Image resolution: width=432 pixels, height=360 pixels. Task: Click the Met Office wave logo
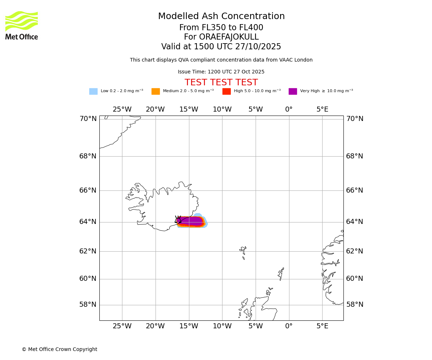[x=22, y=21]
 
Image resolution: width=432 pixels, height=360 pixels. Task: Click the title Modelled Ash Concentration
[x=221, y=17]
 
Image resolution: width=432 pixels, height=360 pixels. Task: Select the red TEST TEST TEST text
[x=221, y=83]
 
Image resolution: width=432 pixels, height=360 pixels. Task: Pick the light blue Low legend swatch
[x=93, y=91]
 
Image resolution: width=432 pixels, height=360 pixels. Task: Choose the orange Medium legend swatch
[x=156, y=91]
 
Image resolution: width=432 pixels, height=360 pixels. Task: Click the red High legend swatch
[x=226, y=91]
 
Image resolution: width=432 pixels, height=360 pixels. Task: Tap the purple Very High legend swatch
[x=293, y=91]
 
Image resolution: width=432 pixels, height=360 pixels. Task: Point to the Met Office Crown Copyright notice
[x=59, y=350]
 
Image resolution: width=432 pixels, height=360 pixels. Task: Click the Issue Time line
[x=221, y=72]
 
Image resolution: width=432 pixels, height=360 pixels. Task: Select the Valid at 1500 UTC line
[x=221, y=47]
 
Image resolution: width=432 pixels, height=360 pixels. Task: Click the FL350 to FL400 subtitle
[x=221, y=28]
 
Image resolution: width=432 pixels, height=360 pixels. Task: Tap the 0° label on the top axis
[x=289, y=109]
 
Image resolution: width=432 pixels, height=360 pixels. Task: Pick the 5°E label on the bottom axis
[x=322, y=327]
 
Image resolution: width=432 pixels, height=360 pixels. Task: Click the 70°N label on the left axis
[x=88, y=119]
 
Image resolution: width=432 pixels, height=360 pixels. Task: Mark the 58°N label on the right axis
[x=355, y=305]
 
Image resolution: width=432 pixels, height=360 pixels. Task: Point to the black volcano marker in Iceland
[x=178, y=220]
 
